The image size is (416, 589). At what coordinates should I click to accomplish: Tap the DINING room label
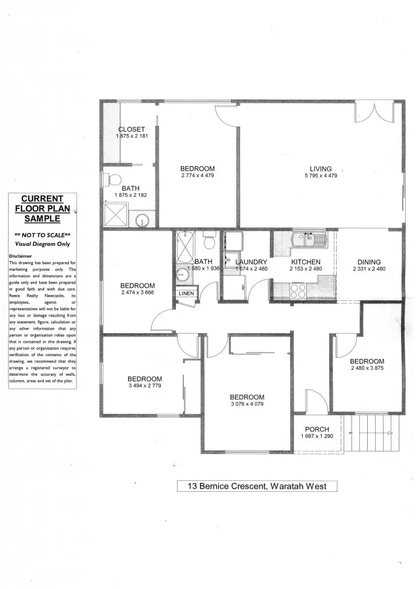(x=369, y=262)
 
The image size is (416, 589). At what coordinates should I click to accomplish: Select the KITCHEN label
(x=305, y=262)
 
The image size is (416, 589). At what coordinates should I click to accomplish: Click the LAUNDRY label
(x=252, y=262)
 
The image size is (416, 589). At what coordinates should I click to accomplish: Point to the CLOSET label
(x=132, y=129)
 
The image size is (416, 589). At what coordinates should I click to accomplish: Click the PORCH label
(x=317, y=429)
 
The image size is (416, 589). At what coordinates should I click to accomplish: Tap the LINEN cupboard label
(x=186, y=293)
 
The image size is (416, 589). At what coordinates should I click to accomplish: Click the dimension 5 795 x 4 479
(x=321, y=176)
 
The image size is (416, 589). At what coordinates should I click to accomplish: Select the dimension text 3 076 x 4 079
(x=247, y=404)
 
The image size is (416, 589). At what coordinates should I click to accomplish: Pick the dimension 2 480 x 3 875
(x=367, y=368)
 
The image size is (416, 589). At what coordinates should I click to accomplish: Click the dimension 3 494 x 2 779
(x=144, y=386)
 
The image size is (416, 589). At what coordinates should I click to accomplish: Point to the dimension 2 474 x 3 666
(x=137, y=293)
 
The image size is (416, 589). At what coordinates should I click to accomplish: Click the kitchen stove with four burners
(x=298, y=290)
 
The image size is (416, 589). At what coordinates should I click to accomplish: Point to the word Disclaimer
(x=20, y=256)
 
